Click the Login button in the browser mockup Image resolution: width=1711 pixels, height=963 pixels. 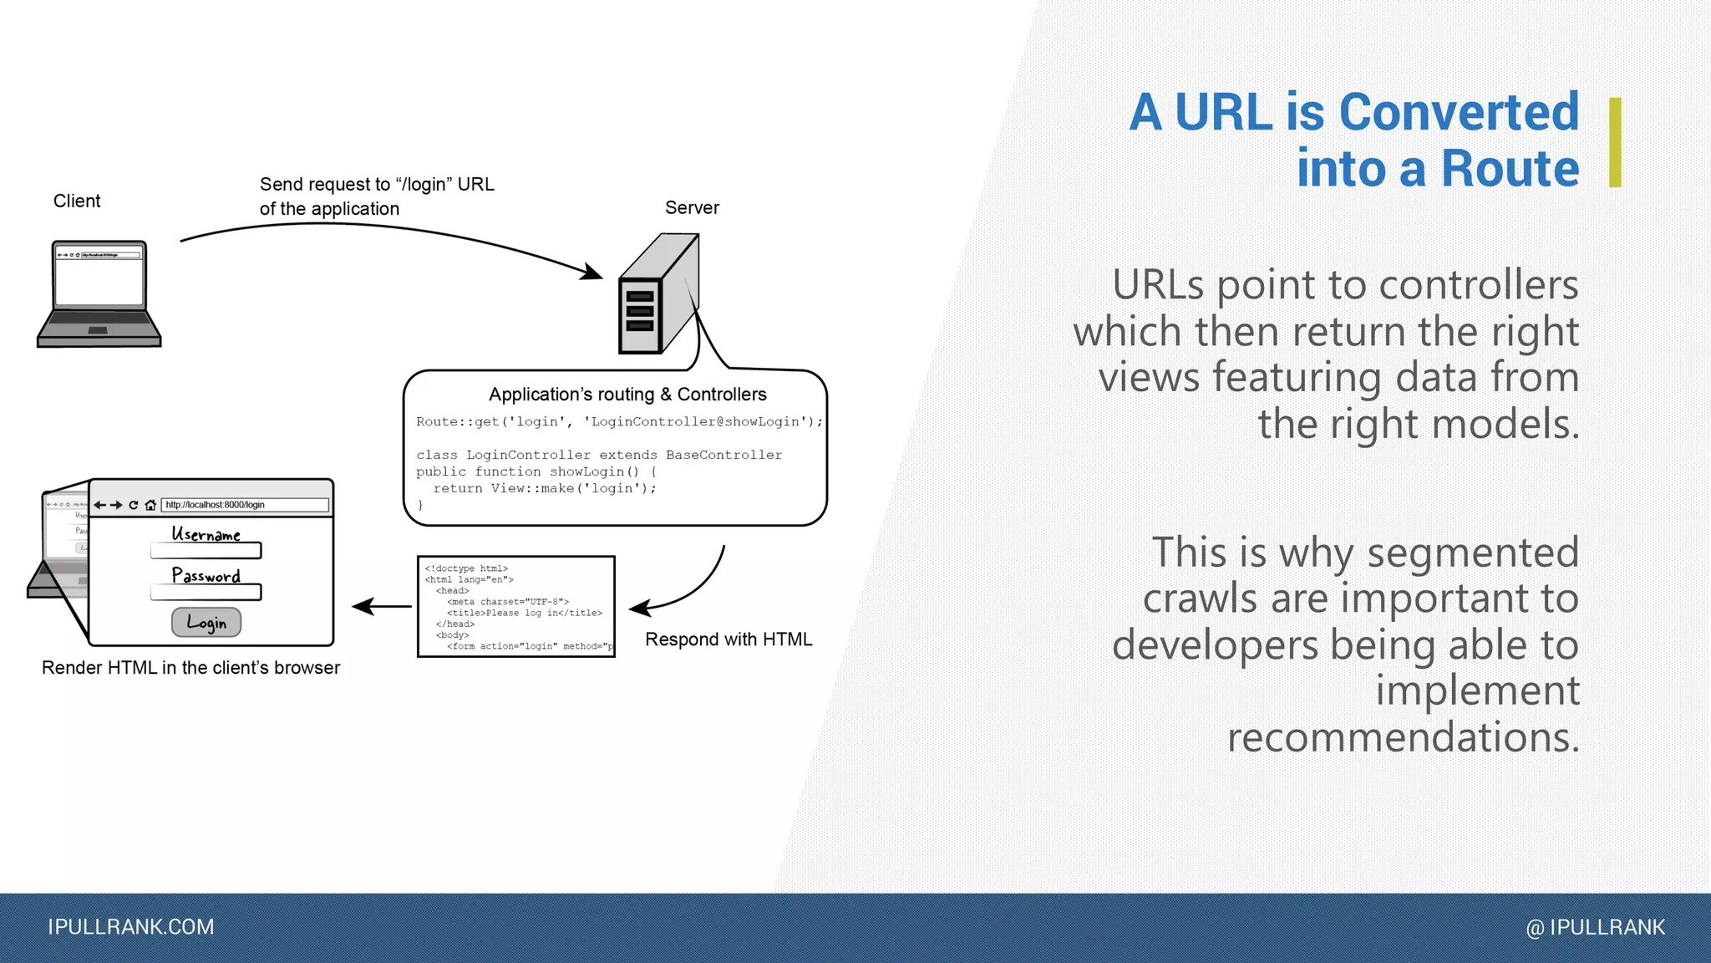206,623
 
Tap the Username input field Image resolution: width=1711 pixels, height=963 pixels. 206,551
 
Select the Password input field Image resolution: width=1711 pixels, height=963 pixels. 206,593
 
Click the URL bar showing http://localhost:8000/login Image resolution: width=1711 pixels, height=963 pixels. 244,505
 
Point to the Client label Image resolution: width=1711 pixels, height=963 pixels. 77,201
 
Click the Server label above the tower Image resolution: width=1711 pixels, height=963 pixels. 692,208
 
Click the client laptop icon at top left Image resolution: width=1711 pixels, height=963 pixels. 99,294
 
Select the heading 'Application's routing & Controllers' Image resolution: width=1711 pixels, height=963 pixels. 627,395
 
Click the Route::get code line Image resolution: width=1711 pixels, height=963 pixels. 619,422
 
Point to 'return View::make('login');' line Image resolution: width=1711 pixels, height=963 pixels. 545,489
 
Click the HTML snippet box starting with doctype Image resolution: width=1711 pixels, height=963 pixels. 516,607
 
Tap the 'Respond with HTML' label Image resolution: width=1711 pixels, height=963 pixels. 729,639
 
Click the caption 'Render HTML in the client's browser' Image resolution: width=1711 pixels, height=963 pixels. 190,668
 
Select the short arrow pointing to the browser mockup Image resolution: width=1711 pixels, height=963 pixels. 382,607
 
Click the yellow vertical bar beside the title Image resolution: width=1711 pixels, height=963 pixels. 1615,142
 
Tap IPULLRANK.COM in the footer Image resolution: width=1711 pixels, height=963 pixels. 131,927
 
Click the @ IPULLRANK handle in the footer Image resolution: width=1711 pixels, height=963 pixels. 1595,928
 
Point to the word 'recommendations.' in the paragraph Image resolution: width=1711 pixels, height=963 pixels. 1403,737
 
